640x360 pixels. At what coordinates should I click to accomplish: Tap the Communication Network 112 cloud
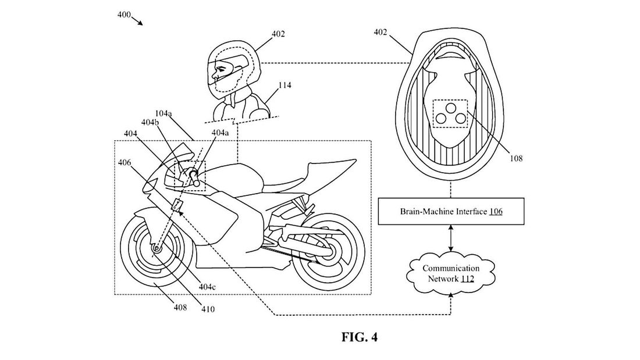point(451,273)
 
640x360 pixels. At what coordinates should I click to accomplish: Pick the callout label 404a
point(220,133)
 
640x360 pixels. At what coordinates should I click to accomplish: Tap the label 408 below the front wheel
point(180,307)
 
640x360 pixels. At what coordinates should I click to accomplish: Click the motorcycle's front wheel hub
point(156,249)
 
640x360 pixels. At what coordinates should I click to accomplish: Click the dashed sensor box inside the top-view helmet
point(450,113)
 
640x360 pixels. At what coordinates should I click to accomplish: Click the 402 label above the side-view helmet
point(278,34)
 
